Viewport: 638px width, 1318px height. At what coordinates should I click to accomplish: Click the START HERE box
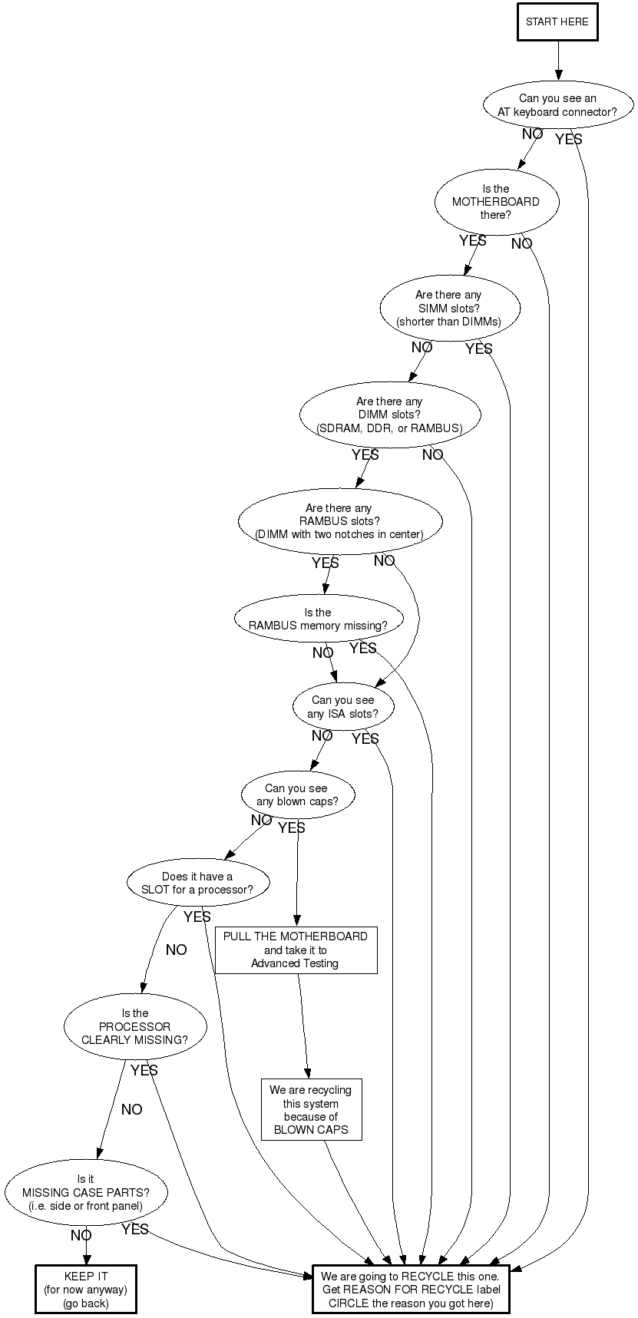click(557, 21)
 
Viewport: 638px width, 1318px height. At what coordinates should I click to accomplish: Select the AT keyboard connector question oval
click(557, 105)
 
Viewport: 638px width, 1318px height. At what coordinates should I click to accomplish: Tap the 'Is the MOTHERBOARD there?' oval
click(496, 202)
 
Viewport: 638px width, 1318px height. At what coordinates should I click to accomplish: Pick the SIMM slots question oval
click(449, 308)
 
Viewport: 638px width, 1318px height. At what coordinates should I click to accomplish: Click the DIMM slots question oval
click(389, 415)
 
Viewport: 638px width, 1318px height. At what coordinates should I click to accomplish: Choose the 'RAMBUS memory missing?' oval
click(318, 619)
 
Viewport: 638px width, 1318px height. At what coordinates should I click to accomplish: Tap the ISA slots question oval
click(343, 706)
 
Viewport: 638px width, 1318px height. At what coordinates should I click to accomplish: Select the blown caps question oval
click(297, 794)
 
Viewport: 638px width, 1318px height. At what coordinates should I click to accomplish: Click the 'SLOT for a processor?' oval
click(197, 883)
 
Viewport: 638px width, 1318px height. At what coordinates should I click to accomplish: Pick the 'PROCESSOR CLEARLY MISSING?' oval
click(135, 1027)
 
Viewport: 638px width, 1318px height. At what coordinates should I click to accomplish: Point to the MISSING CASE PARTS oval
click(86, 1193)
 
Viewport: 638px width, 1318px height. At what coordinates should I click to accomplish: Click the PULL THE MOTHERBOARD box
click(296, 950)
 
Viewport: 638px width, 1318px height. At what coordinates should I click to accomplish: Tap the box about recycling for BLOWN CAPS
click(311, 1110)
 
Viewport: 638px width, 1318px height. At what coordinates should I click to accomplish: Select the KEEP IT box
click(86, 1290)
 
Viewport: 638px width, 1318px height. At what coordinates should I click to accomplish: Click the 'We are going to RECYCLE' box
click(411, 1290)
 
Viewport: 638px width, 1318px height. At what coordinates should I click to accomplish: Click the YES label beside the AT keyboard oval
click(569, 139)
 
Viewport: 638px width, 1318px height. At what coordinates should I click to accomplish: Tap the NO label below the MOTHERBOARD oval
click(522, 244)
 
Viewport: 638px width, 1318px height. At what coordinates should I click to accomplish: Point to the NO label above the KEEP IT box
click(81, 1236)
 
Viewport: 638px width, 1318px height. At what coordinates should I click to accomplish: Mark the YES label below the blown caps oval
click(292, 827)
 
